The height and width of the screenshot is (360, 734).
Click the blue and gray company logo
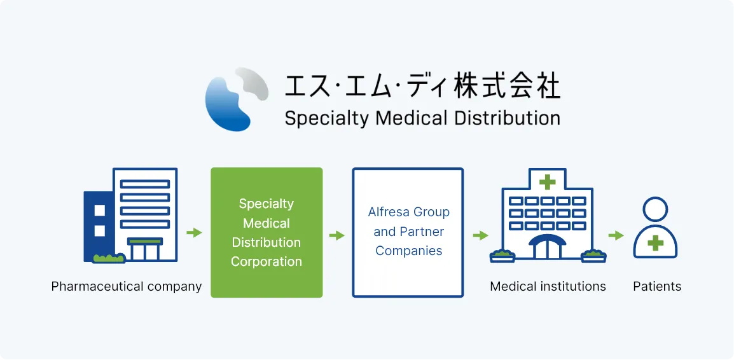237,99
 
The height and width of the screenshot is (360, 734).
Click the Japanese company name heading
422,86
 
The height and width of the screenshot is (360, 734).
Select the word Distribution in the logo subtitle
508,118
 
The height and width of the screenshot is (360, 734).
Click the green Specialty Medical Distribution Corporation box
267,233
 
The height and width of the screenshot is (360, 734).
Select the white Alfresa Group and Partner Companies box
408,233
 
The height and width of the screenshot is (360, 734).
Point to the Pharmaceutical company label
127,286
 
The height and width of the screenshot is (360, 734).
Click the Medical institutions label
548,286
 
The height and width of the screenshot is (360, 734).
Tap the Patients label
657,286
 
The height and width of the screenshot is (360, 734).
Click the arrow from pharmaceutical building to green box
194,233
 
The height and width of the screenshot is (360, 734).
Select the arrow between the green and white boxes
336,235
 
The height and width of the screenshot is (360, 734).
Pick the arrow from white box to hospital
480,235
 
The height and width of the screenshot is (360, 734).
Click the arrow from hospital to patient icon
616,235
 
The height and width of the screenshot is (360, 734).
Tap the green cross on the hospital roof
547,182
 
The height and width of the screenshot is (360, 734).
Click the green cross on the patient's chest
655,243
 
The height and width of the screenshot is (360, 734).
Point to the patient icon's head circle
655,209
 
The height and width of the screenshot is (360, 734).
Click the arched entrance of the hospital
547,247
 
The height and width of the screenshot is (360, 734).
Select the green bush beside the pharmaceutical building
109,258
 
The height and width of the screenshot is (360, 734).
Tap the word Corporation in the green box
267,261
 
